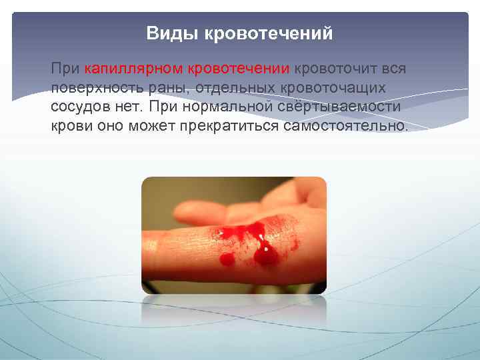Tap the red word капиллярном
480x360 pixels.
click(134, 69)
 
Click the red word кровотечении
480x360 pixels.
click(239, 69)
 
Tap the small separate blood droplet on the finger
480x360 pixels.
click(227, 258)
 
